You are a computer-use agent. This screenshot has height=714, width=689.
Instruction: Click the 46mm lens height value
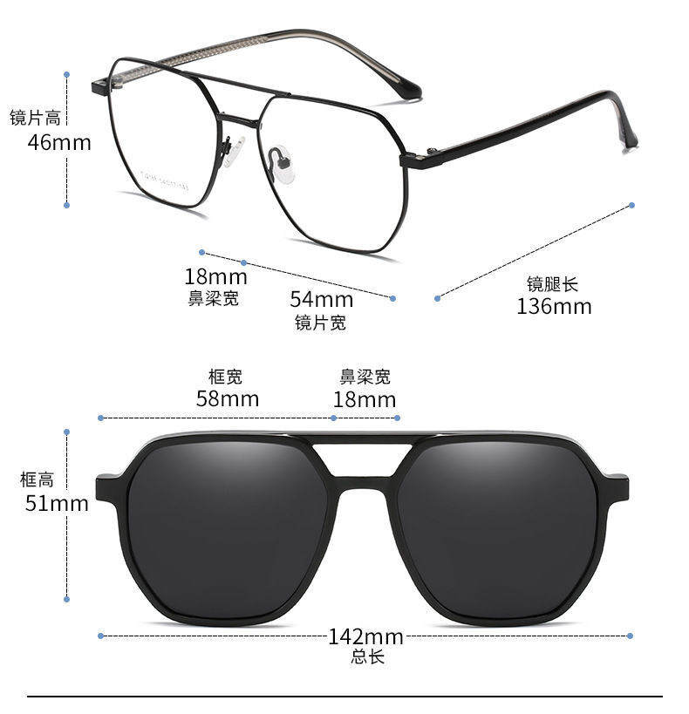click(59, 142)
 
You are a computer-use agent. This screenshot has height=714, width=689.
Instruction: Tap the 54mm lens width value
click(322, 300)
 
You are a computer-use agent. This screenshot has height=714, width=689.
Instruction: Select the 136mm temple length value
click(554, 307)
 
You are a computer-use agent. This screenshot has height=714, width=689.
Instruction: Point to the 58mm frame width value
click(228, 399)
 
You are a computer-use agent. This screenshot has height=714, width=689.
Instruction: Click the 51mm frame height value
click(57, 504)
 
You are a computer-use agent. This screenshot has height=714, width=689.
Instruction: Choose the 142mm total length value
click(366, 636)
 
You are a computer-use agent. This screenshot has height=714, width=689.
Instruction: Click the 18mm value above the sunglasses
click(365, 400)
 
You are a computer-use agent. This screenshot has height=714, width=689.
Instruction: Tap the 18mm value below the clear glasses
click(215, 276)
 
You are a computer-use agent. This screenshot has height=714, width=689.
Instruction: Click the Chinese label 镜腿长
click(552, 284)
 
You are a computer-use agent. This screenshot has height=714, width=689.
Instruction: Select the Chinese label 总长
click(368, 656)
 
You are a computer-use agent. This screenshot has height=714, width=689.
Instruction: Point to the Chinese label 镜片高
click(35, 118)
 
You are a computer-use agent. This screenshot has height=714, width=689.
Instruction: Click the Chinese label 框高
click(37, 479)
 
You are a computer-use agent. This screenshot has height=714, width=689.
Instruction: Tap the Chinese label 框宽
click(225, 377)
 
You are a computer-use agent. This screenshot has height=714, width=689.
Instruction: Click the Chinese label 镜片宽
click(320, 323)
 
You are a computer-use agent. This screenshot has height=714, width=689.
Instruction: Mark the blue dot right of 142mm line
click(630, 636)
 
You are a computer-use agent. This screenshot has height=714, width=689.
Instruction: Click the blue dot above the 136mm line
click(631, 206)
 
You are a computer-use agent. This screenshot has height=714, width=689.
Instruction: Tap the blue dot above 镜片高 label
click(66, 74)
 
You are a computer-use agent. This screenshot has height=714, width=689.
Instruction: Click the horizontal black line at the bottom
click(344, 697)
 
